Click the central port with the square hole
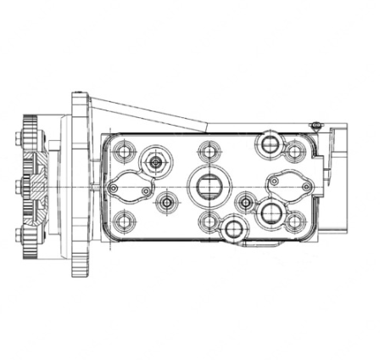click(208, 183)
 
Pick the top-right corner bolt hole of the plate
click(294, 152)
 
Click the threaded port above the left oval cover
click(156, 161)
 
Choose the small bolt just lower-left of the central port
click(166, 203)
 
